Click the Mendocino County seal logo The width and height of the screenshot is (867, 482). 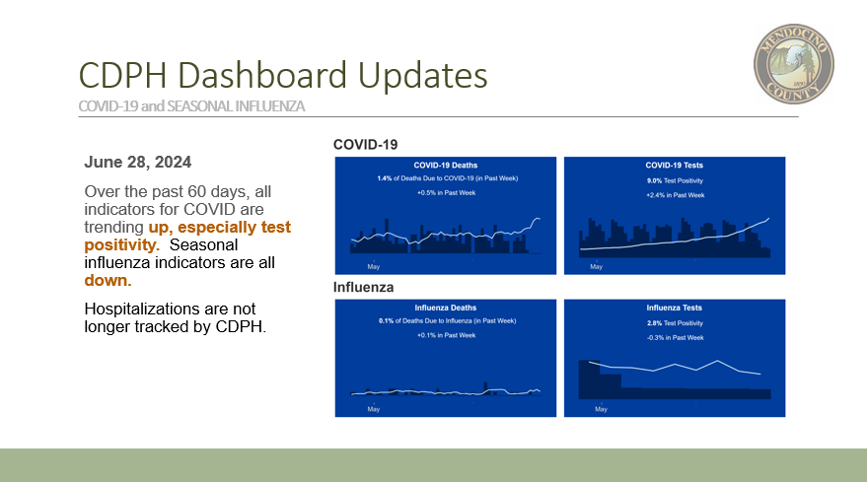pos(794,63)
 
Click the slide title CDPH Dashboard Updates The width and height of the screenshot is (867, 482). pos(283,75)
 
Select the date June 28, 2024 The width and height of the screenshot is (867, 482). pos(138,162)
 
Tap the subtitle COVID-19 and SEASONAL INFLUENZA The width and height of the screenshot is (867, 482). pos(191,106)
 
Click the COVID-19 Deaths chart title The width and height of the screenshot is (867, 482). pos(446,166)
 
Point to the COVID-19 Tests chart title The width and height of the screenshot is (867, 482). pos(674,166)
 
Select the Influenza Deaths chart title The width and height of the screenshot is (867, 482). pos(446,308)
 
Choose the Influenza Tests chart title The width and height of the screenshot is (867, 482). pos(674,308)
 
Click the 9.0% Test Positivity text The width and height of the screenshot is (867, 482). pos(675,180)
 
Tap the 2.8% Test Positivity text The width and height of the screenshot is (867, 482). pos(675,323)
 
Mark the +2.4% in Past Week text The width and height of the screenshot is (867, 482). pos(675,195)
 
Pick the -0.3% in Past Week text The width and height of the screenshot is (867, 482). pos(675,338)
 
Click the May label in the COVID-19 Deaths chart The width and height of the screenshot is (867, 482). pos(374,267)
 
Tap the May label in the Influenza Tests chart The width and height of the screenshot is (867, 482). pos(601,410)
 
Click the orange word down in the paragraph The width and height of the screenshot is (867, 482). pos(108,280)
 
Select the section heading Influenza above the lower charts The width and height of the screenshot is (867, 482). pos(363,288)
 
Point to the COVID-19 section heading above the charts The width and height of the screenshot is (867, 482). pos(365,145)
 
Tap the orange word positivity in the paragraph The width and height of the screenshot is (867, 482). pos(121,244)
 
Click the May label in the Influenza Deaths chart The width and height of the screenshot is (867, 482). pos(374,410)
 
